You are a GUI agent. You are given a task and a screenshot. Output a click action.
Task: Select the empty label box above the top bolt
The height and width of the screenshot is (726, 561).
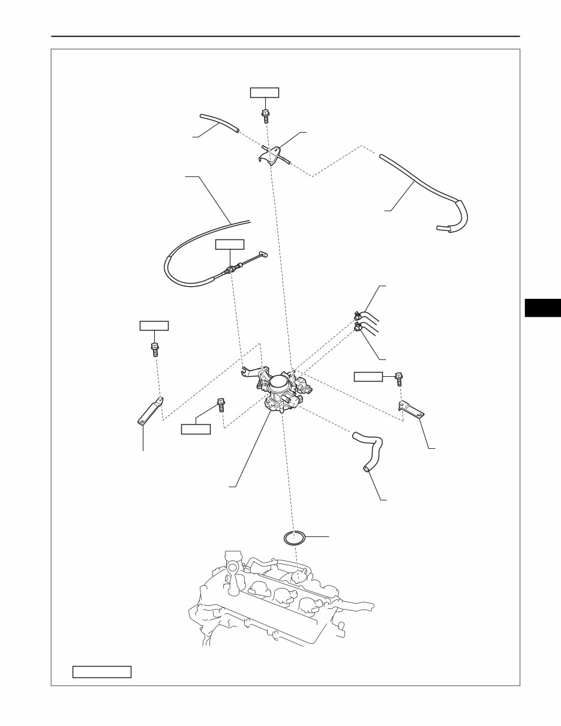pos(265,92)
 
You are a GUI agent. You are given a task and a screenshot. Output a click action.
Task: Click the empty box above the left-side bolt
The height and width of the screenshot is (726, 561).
pos(154,325)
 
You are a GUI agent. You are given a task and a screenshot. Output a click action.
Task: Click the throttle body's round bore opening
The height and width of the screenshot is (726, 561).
pos(279,381)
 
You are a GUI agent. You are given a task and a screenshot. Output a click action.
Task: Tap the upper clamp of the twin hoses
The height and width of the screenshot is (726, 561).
pos(357,314)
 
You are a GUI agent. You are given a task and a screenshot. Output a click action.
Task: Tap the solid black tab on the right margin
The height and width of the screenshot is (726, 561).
pos(542,307)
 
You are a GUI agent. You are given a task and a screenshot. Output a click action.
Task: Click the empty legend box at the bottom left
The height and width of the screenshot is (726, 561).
pos(102,671)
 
